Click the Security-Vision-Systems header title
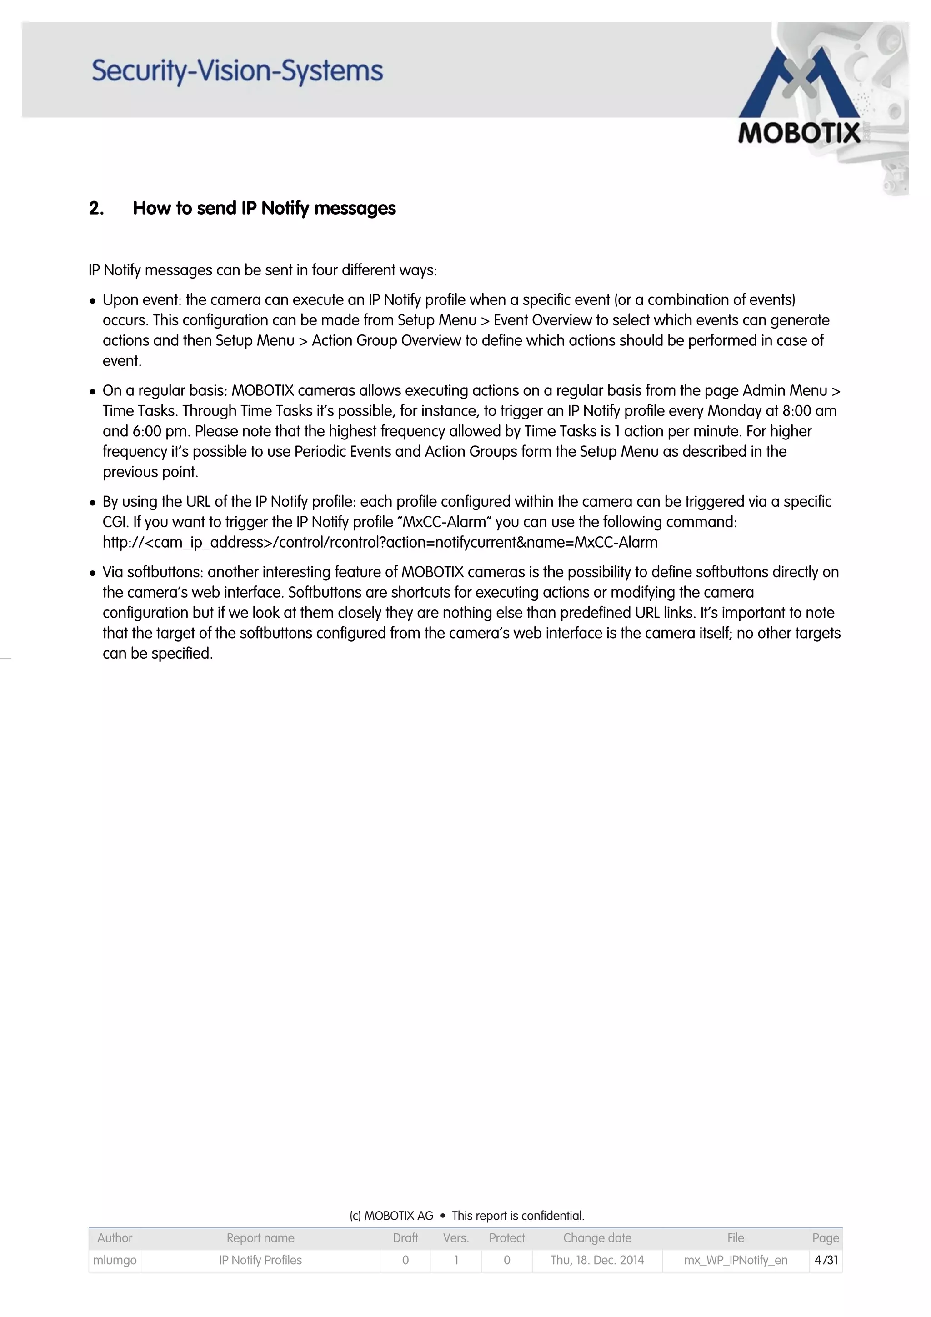point(237,71)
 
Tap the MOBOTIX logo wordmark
point(799,133)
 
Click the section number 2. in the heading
point(96,208)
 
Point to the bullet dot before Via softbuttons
point(93,573)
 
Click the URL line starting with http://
point(380,542)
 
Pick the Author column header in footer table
point(115,1238)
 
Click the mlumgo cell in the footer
point(115,1260)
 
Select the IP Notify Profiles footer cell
point(260,1260)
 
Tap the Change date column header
point(597,1238)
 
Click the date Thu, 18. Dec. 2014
point(597,1260)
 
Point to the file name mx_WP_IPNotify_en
point(736,1260)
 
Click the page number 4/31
point(826,1260)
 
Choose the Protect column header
point(506,1238)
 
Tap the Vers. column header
point(456,1238)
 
